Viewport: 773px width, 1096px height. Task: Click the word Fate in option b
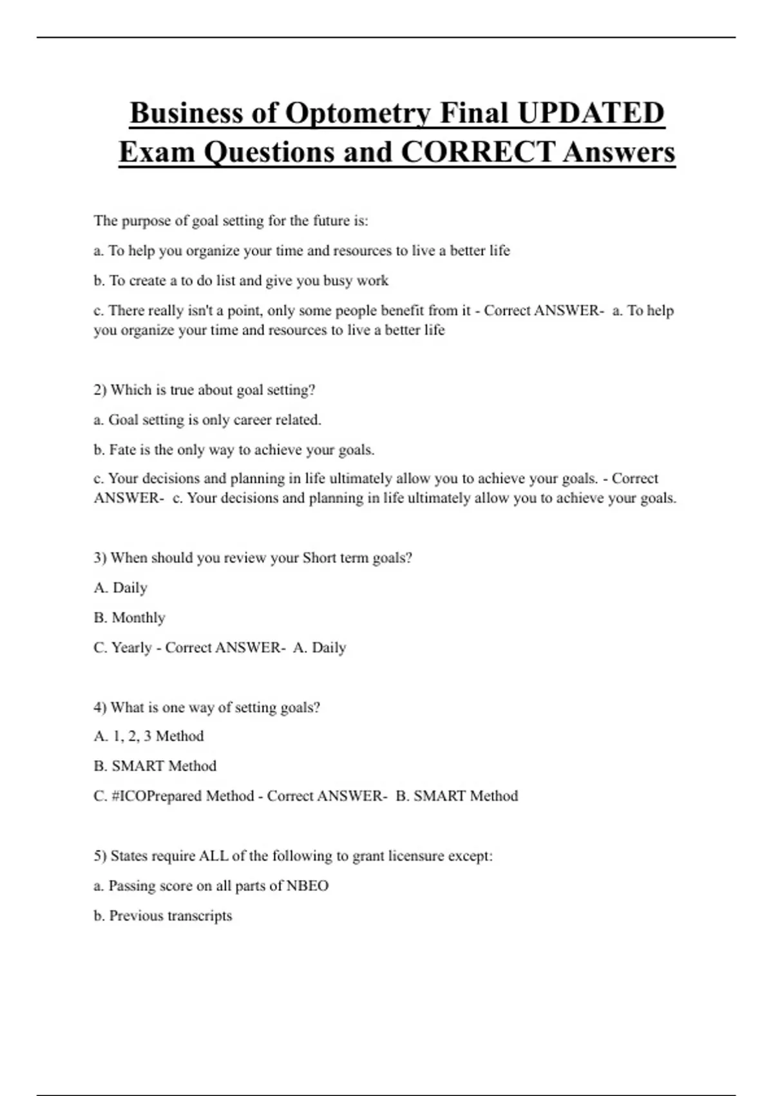pos(122,450)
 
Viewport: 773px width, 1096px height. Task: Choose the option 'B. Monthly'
pos(129,618)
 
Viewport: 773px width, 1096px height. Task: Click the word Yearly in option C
pos(131,647)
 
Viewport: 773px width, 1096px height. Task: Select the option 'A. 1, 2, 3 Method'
pos(149,736)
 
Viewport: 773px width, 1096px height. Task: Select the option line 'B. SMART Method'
pos(155,766)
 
